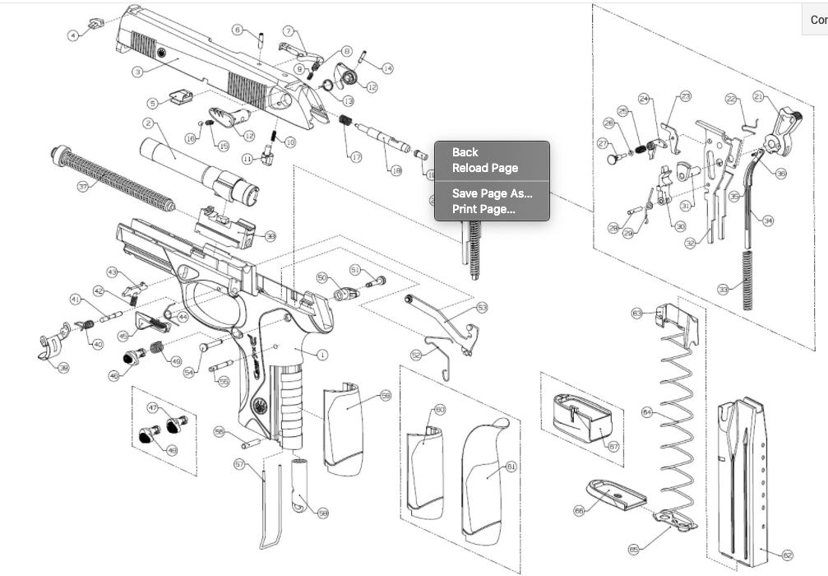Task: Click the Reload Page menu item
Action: coord(485,168)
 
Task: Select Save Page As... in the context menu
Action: coord(492,194)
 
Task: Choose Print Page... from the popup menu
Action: coord(483,209)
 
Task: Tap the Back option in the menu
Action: coord(465,152)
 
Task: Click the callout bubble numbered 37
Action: coord(82,187)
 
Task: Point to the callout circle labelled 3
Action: coord(138,72)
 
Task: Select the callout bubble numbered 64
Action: coord(646,411)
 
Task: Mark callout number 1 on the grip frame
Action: coord(321,355)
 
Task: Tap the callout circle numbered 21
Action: coord(758,96)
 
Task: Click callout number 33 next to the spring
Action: coord(723,290)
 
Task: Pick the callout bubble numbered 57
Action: coord(240,465)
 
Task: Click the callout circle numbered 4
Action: coord(73,35)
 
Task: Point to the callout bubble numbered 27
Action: coord(602,143)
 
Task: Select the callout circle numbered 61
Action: coord(511,467)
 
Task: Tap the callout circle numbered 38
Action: coord(62,367)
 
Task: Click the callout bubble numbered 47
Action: coord(153,408)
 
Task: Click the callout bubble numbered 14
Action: coord(387,68)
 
